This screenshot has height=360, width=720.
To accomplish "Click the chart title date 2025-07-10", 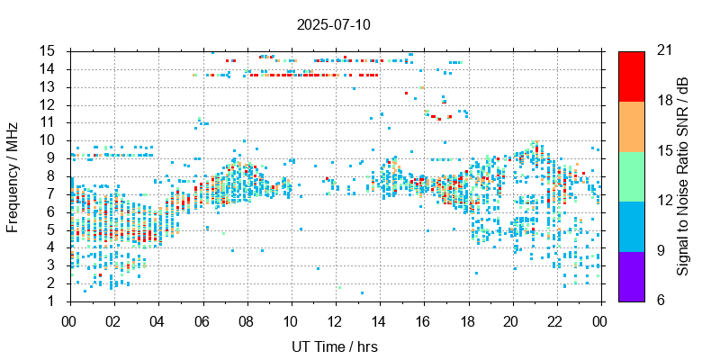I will [x=332, y=24].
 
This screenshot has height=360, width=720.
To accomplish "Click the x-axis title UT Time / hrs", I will [x=334, y=346].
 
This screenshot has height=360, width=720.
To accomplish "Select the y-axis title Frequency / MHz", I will [x=13, y=175].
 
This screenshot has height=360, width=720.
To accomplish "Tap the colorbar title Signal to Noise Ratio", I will [x=683, y=175].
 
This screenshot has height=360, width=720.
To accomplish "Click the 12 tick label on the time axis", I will [x=334, y=320].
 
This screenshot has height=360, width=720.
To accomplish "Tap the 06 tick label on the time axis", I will [x=202, y=320].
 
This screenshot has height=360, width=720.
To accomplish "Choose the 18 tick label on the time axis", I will [x=467, y=320].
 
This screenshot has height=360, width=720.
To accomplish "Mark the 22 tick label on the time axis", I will [x=555, y=320].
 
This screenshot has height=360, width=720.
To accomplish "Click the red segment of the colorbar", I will [x=631, y=76].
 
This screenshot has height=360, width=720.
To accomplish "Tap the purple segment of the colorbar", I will [x=631, y=275].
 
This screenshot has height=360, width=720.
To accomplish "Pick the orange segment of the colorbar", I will [x=631, y=126].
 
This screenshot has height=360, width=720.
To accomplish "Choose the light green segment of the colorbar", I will [x=631, y=175].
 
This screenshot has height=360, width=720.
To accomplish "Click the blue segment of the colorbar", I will [x=631, y=226].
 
